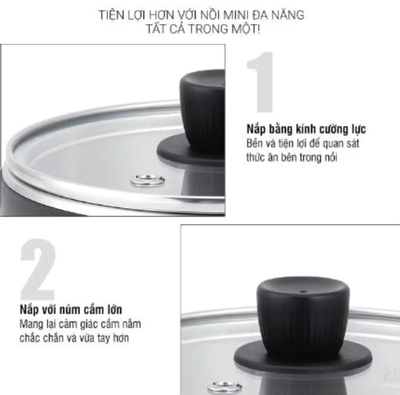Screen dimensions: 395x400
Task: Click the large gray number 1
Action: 262,82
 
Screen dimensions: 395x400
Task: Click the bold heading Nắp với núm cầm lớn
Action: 69,310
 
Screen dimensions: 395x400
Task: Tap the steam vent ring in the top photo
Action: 149,181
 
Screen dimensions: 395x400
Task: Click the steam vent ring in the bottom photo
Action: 224,387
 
